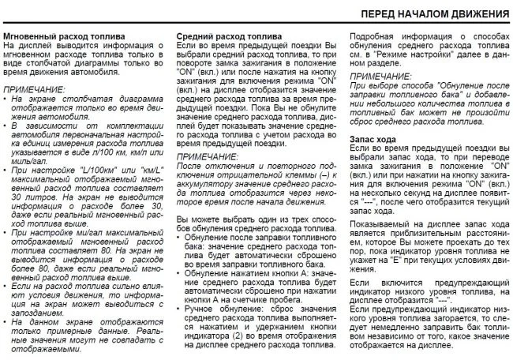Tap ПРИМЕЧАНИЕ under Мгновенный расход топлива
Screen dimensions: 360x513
[x=34, y=90]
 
